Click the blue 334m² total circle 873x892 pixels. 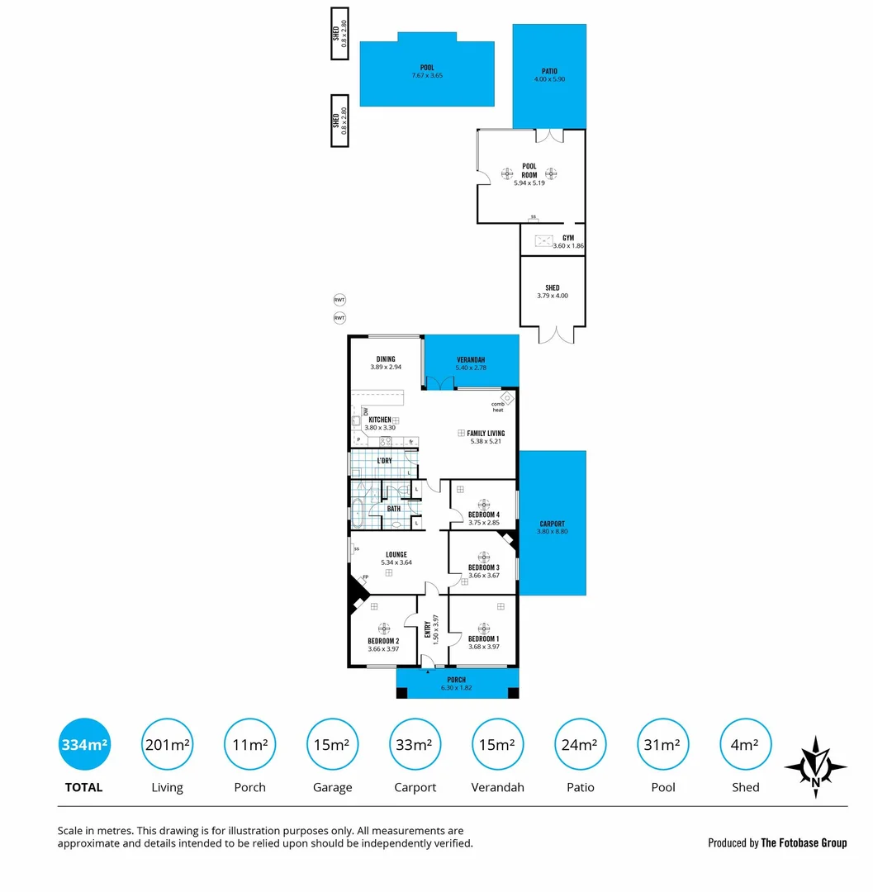[x=84, y=744]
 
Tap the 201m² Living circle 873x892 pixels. [x=167, y=744]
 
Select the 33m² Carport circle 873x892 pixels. [x=415, y=744]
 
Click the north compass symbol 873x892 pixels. [x=816, y=766]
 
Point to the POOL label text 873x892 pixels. [x=427, y=68]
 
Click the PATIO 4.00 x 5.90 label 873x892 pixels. [x=549, y=75]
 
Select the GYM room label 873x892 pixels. [x=568, y=238]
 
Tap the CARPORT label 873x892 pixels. [x=552, y=524]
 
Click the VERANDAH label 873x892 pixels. [x=472, y=360]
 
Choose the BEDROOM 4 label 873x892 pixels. [x=484, y=515]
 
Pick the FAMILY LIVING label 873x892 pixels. [x=486, y=433]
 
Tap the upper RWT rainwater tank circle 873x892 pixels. [x=339, y=300]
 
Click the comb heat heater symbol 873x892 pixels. [x=508, y=397]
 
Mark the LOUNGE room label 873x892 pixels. [x=396, y=555]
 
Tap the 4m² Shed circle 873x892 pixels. [x=745, y=744]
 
